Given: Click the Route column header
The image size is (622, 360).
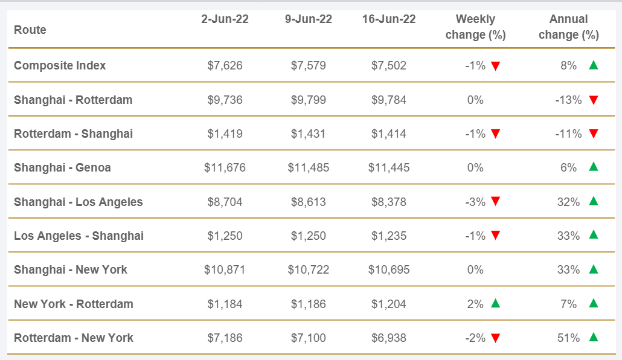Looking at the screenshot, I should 30,30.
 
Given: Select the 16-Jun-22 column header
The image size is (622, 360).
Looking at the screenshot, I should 389,19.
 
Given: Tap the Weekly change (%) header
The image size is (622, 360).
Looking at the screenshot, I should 475,27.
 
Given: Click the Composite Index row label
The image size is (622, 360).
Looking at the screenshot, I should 60,65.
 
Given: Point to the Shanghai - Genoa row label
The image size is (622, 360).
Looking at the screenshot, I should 62,167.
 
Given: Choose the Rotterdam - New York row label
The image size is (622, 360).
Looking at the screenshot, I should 73,338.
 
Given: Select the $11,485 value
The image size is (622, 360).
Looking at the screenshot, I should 309,167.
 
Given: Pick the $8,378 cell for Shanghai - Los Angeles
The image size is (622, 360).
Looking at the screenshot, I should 389,202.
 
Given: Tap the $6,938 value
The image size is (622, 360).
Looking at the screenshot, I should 389,338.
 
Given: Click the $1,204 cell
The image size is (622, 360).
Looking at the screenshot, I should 389,304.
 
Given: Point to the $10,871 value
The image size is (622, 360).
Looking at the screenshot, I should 225,269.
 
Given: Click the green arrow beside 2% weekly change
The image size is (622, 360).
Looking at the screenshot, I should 495,303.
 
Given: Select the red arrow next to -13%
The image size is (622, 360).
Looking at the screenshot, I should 593,100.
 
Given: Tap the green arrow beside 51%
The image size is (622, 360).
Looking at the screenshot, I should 593,337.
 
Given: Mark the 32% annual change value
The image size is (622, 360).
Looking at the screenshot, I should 568,202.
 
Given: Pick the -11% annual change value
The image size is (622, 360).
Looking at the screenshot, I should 568,133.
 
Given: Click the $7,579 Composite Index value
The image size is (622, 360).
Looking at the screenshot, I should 309,65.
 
